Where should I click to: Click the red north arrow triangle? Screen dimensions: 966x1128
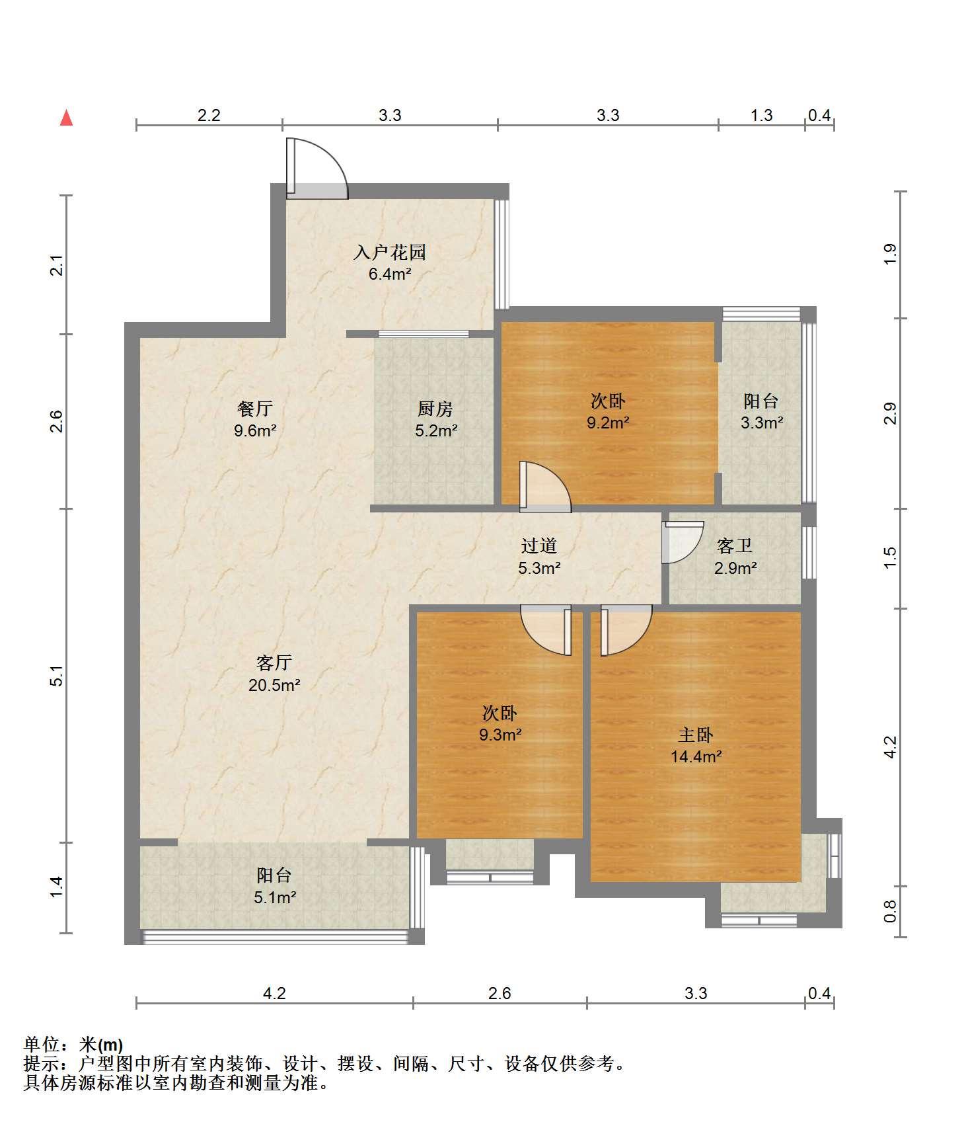coord(66,118)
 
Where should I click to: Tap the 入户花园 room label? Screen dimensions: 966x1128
coord(390,252)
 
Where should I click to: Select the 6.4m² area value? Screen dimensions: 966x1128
coord(390,274)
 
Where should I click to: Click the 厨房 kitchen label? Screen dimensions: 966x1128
coord(435,409)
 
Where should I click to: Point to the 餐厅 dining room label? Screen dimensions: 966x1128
coord(255,409)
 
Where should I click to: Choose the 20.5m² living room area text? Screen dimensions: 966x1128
coord(274,685)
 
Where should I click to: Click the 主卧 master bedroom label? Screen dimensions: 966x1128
coord(696,735)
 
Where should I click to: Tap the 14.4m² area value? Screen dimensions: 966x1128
coord(696,756)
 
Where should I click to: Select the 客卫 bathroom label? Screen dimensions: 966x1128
coord(735,545)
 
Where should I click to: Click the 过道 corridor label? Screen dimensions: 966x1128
coord(539,545)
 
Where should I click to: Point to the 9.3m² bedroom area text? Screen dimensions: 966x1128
coord(500,735)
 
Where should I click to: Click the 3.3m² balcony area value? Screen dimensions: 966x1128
coord(762,423)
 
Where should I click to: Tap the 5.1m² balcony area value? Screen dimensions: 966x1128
coord(274,897)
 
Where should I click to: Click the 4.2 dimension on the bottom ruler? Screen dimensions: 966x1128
coord(274,993)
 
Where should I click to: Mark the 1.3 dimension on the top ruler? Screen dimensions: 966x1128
coord(761,115)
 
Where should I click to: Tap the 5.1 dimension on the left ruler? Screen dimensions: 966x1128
coord(57,676)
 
